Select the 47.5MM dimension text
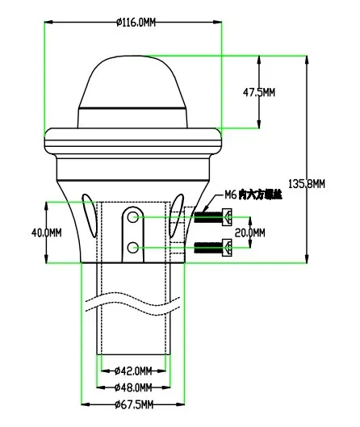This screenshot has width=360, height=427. point(259,93)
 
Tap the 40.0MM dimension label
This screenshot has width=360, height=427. point(46,232)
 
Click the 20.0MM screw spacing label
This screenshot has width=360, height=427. point(248,232)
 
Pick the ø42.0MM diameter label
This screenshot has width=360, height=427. point(132,370)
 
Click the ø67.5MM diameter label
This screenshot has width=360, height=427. point(132,403)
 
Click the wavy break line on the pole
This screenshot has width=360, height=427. point(133,311)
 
